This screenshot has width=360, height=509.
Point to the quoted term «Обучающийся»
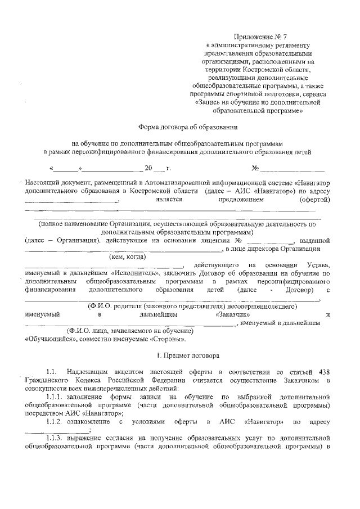pyautogui.click(x=48, y=339)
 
